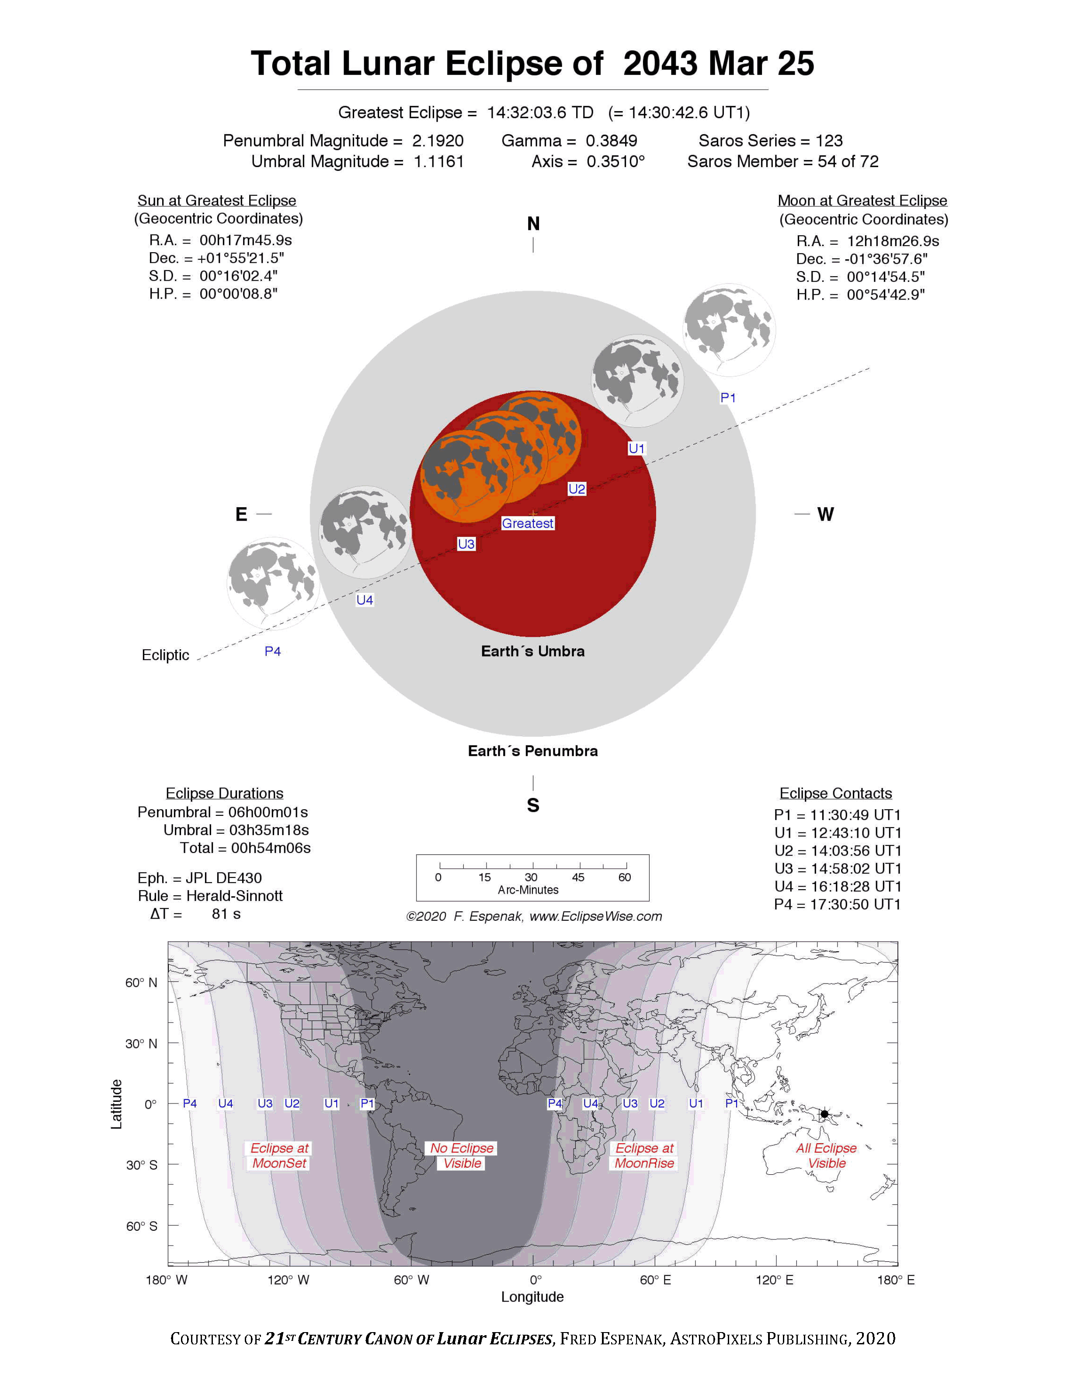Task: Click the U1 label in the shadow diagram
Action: pos(636,448)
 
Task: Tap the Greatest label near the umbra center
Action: pos(527,523)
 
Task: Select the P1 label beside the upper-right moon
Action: pos(727,397)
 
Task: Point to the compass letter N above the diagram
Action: pos(533,224)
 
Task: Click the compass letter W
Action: pos(825,515)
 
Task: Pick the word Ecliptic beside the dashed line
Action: pos(165,655)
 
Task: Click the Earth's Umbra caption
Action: pos(532,651)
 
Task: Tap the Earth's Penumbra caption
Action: pos(532,751)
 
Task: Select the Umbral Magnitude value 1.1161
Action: pos(438,161)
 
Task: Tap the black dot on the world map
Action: pos(824,1114)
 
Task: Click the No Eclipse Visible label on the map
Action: pos(462,1155)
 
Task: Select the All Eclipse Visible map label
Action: pos(826,1155)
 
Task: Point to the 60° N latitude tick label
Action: pos(141,983)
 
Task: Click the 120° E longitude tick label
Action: pos(775,1280)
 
